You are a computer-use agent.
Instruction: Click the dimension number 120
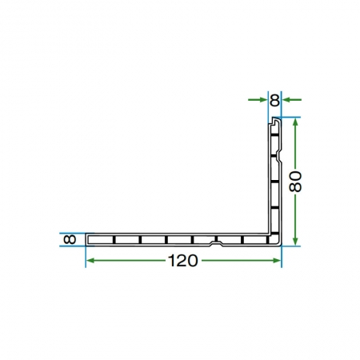coord(183,261)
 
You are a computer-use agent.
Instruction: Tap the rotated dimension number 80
coord(295,182)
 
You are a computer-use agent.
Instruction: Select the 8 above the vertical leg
coord(274,100)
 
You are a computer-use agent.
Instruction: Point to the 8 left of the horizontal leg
coord(70,239)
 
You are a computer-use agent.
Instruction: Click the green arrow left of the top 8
coord(258,100)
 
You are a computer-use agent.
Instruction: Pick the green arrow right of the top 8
coord(292,100)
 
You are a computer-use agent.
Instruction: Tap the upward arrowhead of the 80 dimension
coord(295,122)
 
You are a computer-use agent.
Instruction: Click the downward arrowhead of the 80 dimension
coord(295,241)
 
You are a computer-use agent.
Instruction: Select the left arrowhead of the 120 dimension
coord(91,261)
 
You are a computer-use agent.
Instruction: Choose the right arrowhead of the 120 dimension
coord(276,261)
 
